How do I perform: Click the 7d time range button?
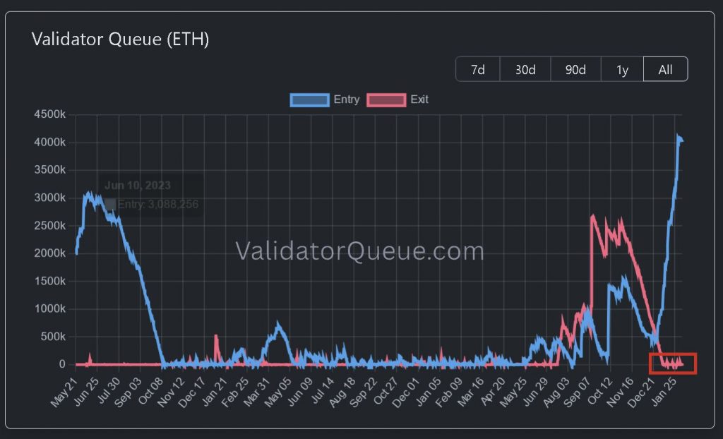coord(478,69)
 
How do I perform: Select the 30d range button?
coord(525,69)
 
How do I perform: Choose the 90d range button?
coord(575,69)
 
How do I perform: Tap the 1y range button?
coord(622,69)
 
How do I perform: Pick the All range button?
coord(665,69)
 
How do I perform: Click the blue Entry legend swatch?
coord(309,100)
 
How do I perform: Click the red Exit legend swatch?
coord(386,100)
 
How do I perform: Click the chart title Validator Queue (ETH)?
coord(120,40)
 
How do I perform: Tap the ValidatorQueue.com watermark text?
coord(359,251)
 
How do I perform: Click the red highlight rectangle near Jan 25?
coord(672,363)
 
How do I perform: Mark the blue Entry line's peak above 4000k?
coord(678,136)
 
